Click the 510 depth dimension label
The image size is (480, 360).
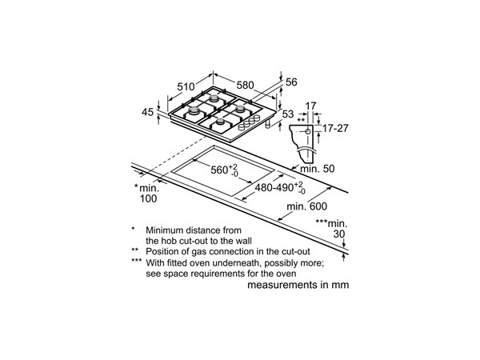point(186,86)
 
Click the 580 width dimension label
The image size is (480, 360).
point(246,85)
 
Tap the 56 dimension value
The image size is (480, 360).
point(291,82)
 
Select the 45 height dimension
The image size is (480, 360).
point(147,112)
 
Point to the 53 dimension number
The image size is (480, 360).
point(288,114)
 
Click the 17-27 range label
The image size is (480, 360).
point(335,128)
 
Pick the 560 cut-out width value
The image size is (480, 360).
point(219,170)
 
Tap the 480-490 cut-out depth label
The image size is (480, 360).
point(274,187)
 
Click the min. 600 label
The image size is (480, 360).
point(306,206)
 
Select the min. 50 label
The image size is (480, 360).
point(318,169)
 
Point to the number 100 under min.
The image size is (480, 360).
point(149,198)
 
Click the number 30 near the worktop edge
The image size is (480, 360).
point(339,234)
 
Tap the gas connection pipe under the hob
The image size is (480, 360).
point(268,124)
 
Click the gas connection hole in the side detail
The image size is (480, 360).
point(308,132)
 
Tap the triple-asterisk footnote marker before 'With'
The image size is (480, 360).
point(136,261)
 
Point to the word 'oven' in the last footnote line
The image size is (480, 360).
point(286,274)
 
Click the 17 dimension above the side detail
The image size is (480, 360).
point(310,106)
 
